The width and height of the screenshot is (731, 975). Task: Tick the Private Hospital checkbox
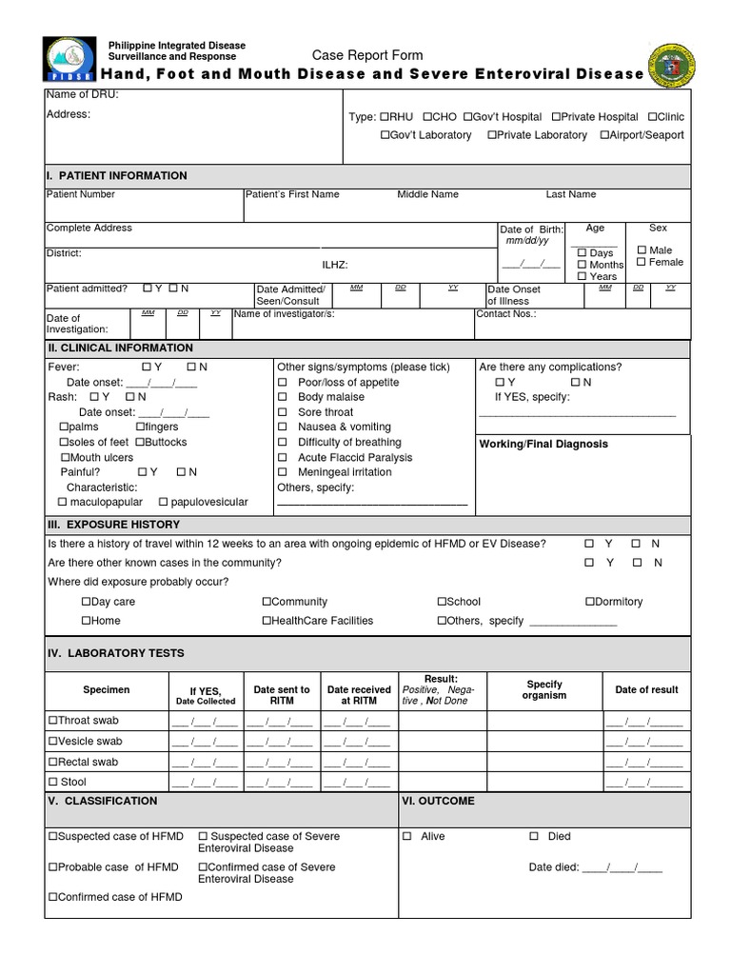click(x=555, y=117)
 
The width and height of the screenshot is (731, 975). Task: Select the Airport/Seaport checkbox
click(x=604, y=135)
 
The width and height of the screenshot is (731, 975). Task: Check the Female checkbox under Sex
click(x=642, y=262)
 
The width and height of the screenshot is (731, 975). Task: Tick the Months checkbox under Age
click(x=582, y=265)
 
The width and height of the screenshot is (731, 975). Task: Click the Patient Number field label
click(x=81, y=194)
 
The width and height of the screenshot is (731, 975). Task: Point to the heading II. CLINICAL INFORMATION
click(x=120, y=348)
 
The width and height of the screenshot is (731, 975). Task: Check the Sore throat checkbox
click(x=283, y=412)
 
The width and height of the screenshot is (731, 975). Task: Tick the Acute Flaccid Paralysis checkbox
click(x=283, y=458)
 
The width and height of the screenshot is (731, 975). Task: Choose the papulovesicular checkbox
click(x=164, y=502)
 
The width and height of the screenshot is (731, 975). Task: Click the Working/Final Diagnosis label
click(x=543, y=445)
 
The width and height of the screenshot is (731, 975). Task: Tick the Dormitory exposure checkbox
click(x=590, y=602)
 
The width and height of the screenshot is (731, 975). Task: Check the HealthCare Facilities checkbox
click(x=267, y=621)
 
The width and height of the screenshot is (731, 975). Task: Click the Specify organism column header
click(x=543, y=689)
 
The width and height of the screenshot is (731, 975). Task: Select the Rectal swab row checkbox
click(x=53, y=762)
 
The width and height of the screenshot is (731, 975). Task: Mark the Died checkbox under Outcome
click(x=534, y=836)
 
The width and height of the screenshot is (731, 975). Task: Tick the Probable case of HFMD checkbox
click(x=53, y=867)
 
